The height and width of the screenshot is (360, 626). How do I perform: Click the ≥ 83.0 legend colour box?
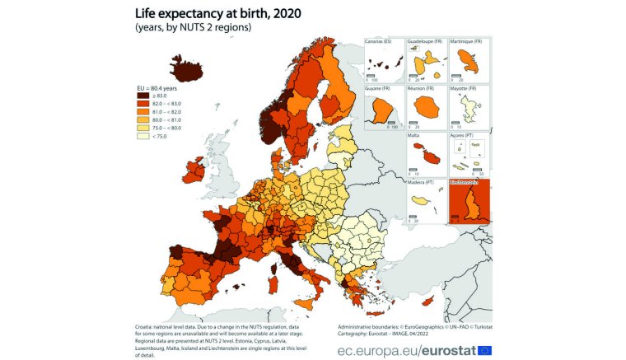point(142,96)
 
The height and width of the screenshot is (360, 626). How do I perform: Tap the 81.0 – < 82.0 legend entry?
point(142,113)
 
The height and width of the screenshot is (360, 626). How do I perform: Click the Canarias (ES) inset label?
point(381,41)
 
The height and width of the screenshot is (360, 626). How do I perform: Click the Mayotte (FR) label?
point(465,88)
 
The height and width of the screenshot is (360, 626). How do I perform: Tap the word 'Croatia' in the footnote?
point(145,326)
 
